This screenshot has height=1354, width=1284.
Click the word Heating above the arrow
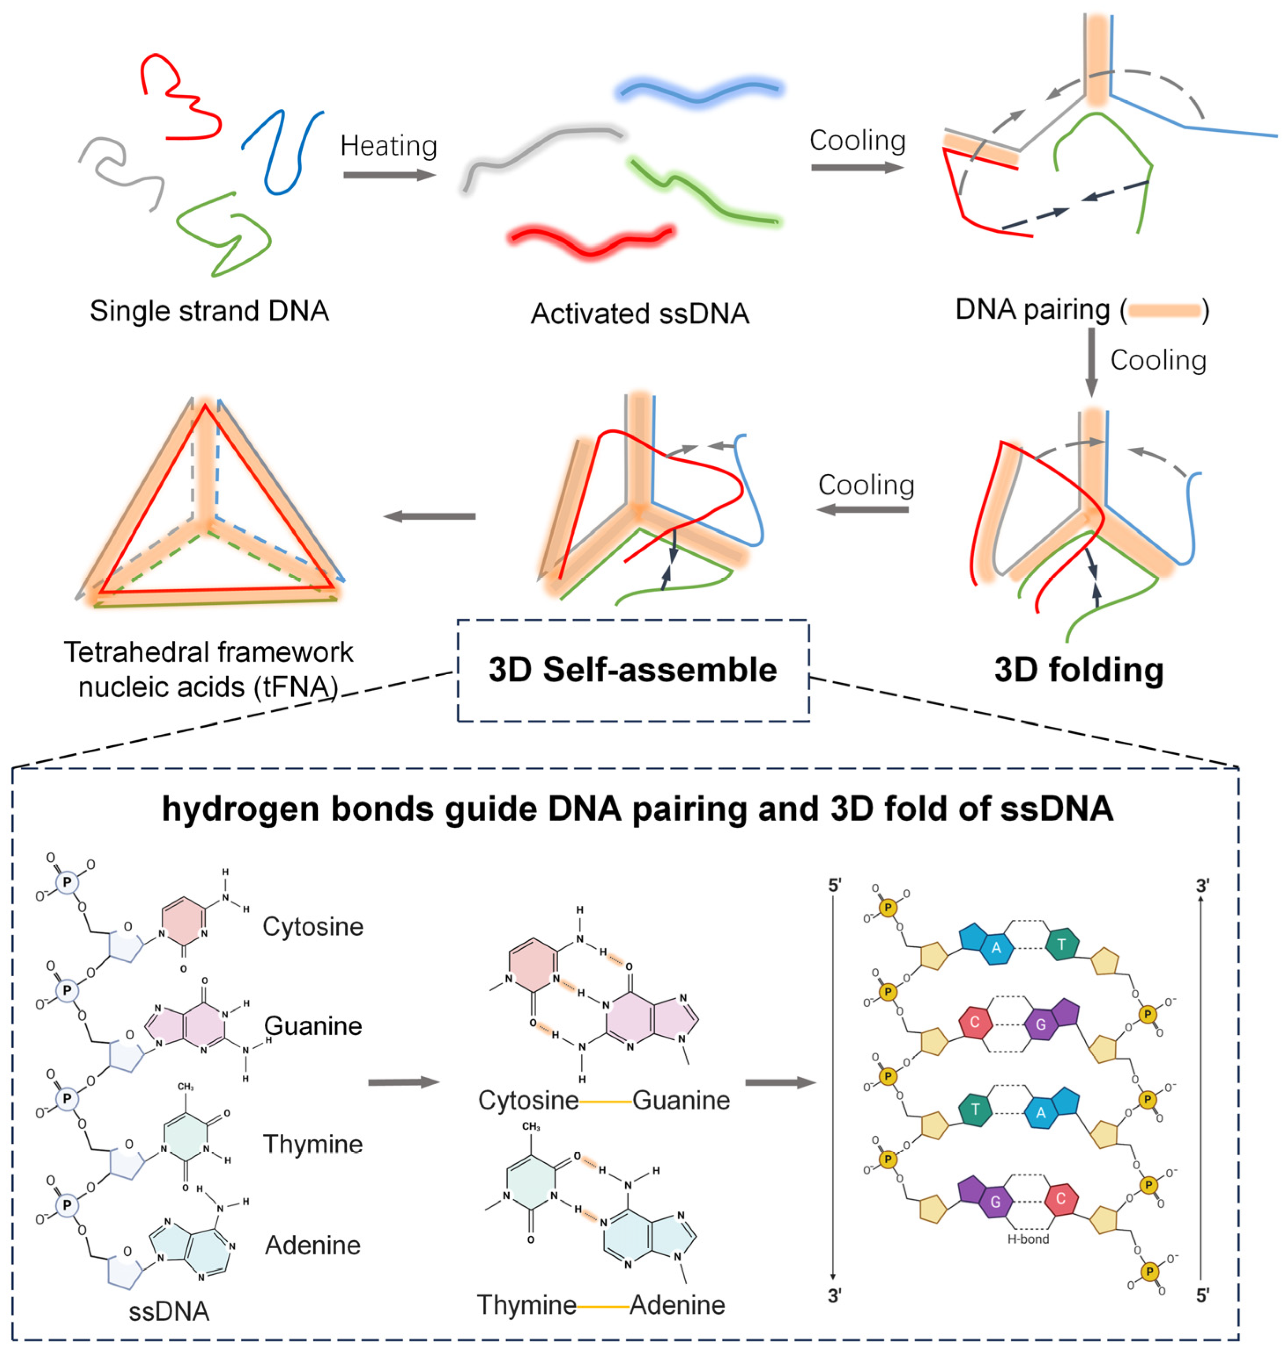click(x=388, y=146)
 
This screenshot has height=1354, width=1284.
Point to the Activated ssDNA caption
click(x=639, y=313)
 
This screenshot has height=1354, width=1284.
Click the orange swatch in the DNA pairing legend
click(x=1164, y=311)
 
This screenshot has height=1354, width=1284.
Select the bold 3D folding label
click(x=1079, y=670)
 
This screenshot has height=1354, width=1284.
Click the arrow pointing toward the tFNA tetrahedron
click(x=429, y=516)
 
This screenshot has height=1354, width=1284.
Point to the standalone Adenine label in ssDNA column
click(x=313, y=1245)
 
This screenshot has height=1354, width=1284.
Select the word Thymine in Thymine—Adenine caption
click(x=526, y=1305)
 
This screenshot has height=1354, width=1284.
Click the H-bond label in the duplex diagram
click(x=1028, y=1239)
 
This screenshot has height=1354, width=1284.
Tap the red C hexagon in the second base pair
click(x=975, y=1023)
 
